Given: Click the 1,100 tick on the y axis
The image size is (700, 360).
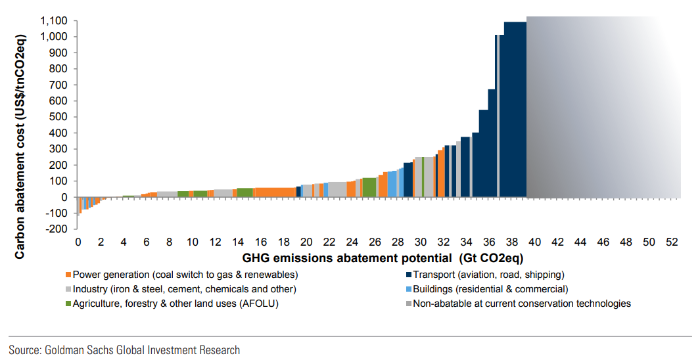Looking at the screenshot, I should [x=54, y=21].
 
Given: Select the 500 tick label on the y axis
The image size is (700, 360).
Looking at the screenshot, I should [x=59, y=117].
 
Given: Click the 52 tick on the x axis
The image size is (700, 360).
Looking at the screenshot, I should [x=672, y=242].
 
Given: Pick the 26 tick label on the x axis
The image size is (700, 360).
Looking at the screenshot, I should [x=375, y=242].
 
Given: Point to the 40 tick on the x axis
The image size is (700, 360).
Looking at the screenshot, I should [x=534, y=242].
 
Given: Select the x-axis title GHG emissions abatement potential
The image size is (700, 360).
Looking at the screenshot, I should [x=383, y=257].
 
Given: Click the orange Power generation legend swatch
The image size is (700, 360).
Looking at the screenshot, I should [x=68, y=275].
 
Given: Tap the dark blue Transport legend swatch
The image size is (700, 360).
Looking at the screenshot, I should [x=408, y=275].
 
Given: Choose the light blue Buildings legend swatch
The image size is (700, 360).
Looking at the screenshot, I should [x=408, y=289].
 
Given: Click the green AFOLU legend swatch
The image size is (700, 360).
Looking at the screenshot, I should [x=68, y=304].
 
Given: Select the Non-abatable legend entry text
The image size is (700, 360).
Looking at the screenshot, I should [x=522, y=304].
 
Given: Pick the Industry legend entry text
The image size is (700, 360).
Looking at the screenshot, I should [x=185, y=289].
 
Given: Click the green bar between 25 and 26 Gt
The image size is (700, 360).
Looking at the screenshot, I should [x=369, y=187].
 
